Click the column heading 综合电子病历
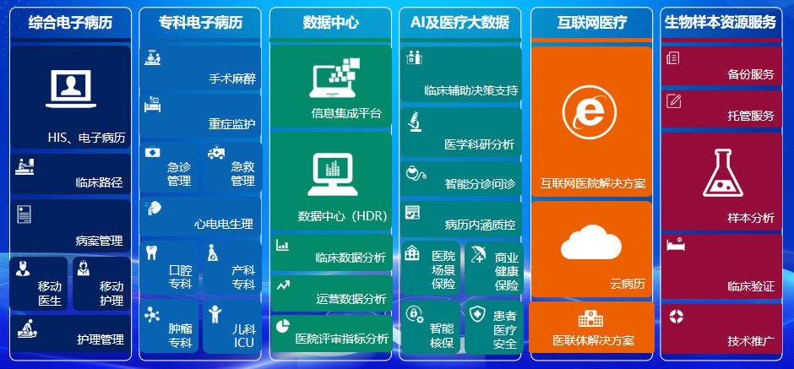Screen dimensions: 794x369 pyautogui.click(x=70, y=22)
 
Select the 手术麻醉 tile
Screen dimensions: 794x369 pyautogui.click(x=200, y=68)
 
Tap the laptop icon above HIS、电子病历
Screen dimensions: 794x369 pyautogui.click(x=71, y=90)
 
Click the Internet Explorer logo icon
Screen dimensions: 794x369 pyautogui.click(x=590, y=111)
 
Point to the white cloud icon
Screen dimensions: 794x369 pyautogui.click(x=590, y=242)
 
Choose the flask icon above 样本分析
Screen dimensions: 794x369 pyautogui.click(x=722, y=172)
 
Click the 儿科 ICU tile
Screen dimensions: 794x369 pyautogui.click(x=232, y=327)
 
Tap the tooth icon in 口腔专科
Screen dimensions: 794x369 pyautogui.click(x=151, y=252)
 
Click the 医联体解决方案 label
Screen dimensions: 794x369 pyautogui.click(x=594, y=340)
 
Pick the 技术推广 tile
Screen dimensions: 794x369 pyautogui.click(x=721, y=328)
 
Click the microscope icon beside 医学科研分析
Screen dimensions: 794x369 pyautogui.click(x=416, y=122)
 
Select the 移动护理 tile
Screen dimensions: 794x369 pyautogui.click(x=101, y=284)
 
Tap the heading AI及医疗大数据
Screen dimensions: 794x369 pyautogui.click(x=460, y=22)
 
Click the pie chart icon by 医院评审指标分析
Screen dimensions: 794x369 pyautogui.click(x=283, y=326)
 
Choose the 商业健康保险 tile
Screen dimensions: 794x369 pyautogui.click(x=494, y=268)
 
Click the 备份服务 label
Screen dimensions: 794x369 pyautogui.click(x=751, y=74)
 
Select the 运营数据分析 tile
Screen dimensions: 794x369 pyautogui.click(x=332, y=293)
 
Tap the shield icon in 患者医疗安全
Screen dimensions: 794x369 pyautogui.click(x=477, y=314)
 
